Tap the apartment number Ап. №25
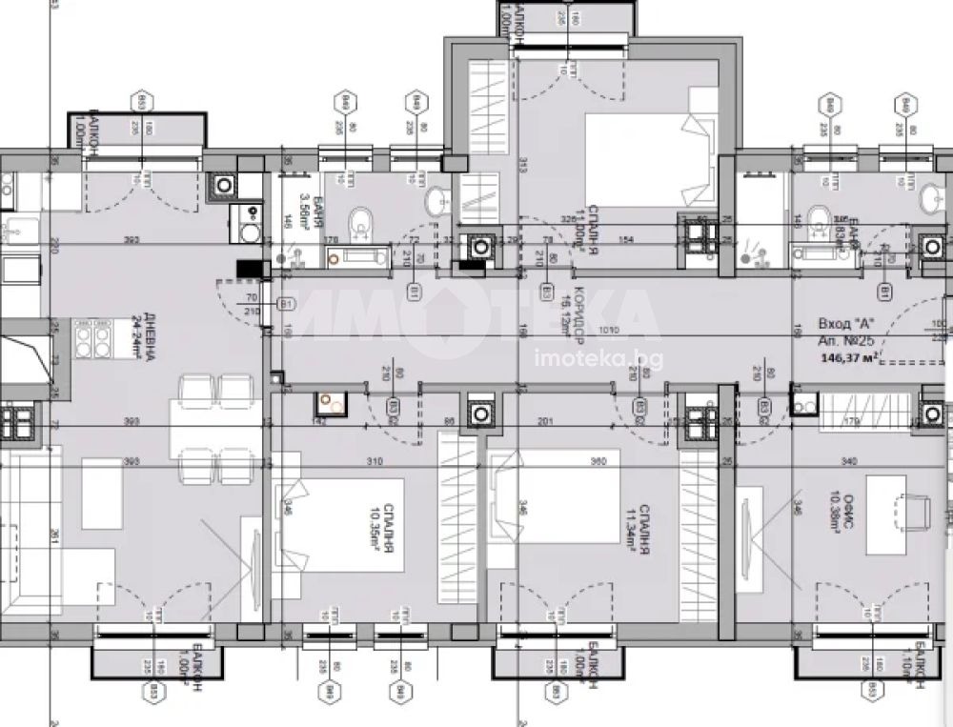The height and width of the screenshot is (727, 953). tap(847, 340)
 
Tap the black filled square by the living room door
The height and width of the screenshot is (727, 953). tap(251, 270)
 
